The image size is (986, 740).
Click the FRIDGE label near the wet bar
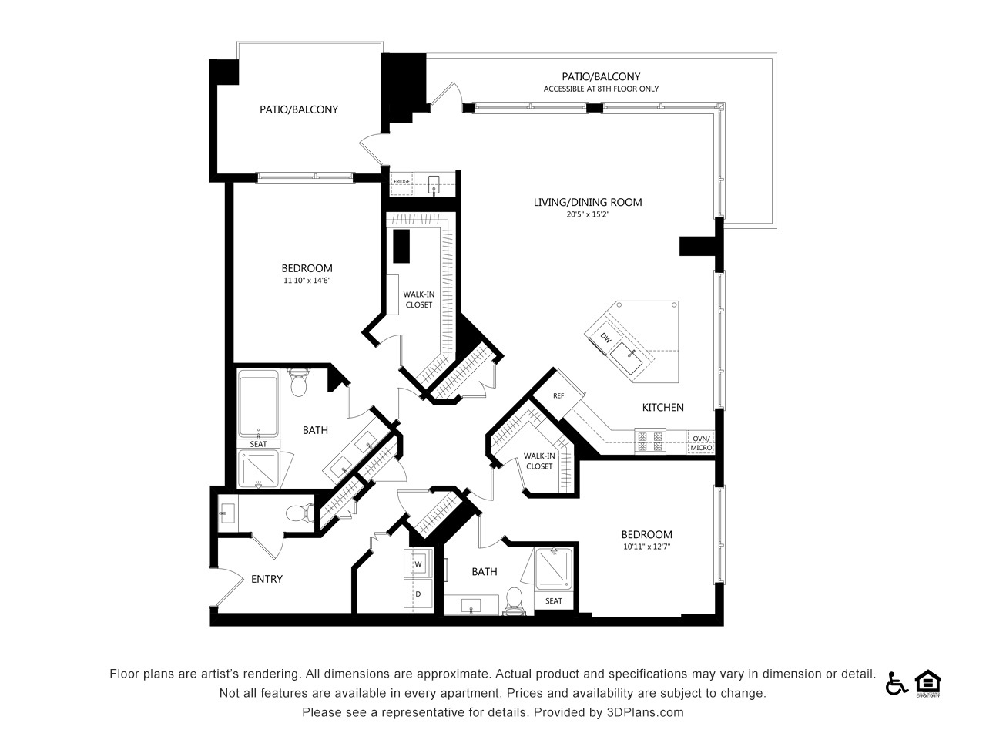click(401, 181)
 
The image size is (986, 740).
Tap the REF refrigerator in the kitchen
click(558, 395)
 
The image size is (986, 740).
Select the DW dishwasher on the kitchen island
click(605, 338)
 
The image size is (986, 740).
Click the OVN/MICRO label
click(701, 443)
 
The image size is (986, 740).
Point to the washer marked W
click(418, 563)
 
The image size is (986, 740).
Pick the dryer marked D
click(418, 594)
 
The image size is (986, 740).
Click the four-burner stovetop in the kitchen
click(650, 441)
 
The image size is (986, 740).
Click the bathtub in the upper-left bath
click(258, 405)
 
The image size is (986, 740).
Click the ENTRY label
click(267, 579)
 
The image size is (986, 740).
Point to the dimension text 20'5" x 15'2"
click(588, 214)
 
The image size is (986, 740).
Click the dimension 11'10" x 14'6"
click(307, 281)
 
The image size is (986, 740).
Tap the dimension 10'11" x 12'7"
click(647, 547)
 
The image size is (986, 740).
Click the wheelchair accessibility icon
click(896, 684)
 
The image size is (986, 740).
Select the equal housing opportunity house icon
click(928, 683)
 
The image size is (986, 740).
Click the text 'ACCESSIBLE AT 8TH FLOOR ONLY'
click(601, 89)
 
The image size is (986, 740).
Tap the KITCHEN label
click(663, 408)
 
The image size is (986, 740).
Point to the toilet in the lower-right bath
click(514, 601)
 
